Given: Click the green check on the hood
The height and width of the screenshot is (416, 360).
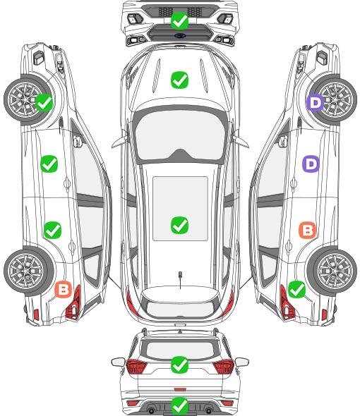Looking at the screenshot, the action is [x=179, y=80].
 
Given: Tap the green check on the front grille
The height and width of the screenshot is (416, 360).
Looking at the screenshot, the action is [x=179, y=20].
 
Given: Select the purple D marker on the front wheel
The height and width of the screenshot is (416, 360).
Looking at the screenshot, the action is [x=316, y=103].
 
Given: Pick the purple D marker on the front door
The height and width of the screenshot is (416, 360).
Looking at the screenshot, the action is [x=311, y=164].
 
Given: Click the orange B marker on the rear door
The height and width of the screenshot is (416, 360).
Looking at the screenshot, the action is [x=307, y=230].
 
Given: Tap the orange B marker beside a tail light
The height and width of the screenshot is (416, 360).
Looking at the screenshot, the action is [x=64, y=289].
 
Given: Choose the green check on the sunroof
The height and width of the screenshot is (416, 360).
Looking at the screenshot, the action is [x=179, y=225].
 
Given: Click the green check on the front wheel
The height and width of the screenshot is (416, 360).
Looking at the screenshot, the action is [x=44, y=102].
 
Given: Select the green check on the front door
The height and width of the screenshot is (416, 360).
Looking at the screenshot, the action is [x=49, y=164].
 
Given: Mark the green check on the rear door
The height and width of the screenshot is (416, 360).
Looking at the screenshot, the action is [x=53, y=230].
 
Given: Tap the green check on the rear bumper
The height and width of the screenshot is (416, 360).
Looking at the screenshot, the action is [x=179, y=405].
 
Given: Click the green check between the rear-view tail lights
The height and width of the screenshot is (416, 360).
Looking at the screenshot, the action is [x=179, y=365].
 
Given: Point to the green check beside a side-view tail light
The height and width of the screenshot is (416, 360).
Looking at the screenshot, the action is [x=296, y=289].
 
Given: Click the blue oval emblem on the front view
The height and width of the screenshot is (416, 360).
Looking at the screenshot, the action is [x=180, y=35].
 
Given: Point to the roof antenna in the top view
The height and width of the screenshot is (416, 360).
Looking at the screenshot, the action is [x=180, y=279].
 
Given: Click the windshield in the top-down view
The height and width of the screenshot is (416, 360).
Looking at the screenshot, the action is [x=180, y=134].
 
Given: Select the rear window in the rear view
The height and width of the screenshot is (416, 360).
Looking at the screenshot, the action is [x=180, y=350].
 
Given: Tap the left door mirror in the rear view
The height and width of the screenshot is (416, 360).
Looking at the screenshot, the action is [x=118, y=362].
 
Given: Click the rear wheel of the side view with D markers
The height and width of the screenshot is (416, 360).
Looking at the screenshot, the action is [x=332, y=271].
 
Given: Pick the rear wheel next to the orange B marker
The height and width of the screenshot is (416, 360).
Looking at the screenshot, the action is [x=28, y=271].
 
